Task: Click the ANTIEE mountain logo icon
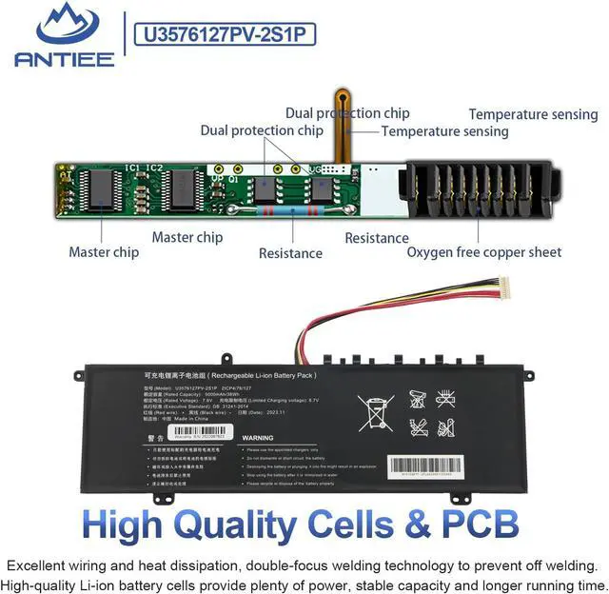[x=64, y=26]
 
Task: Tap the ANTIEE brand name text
[x=64, y=59]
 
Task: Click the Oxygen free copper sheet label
[x=484, y=252]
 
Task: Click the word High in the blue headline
[x=132, y=525]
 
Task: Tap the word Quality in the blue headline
[x=268, y=525]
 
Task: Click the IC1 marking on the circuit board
[x=131, y=167]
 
